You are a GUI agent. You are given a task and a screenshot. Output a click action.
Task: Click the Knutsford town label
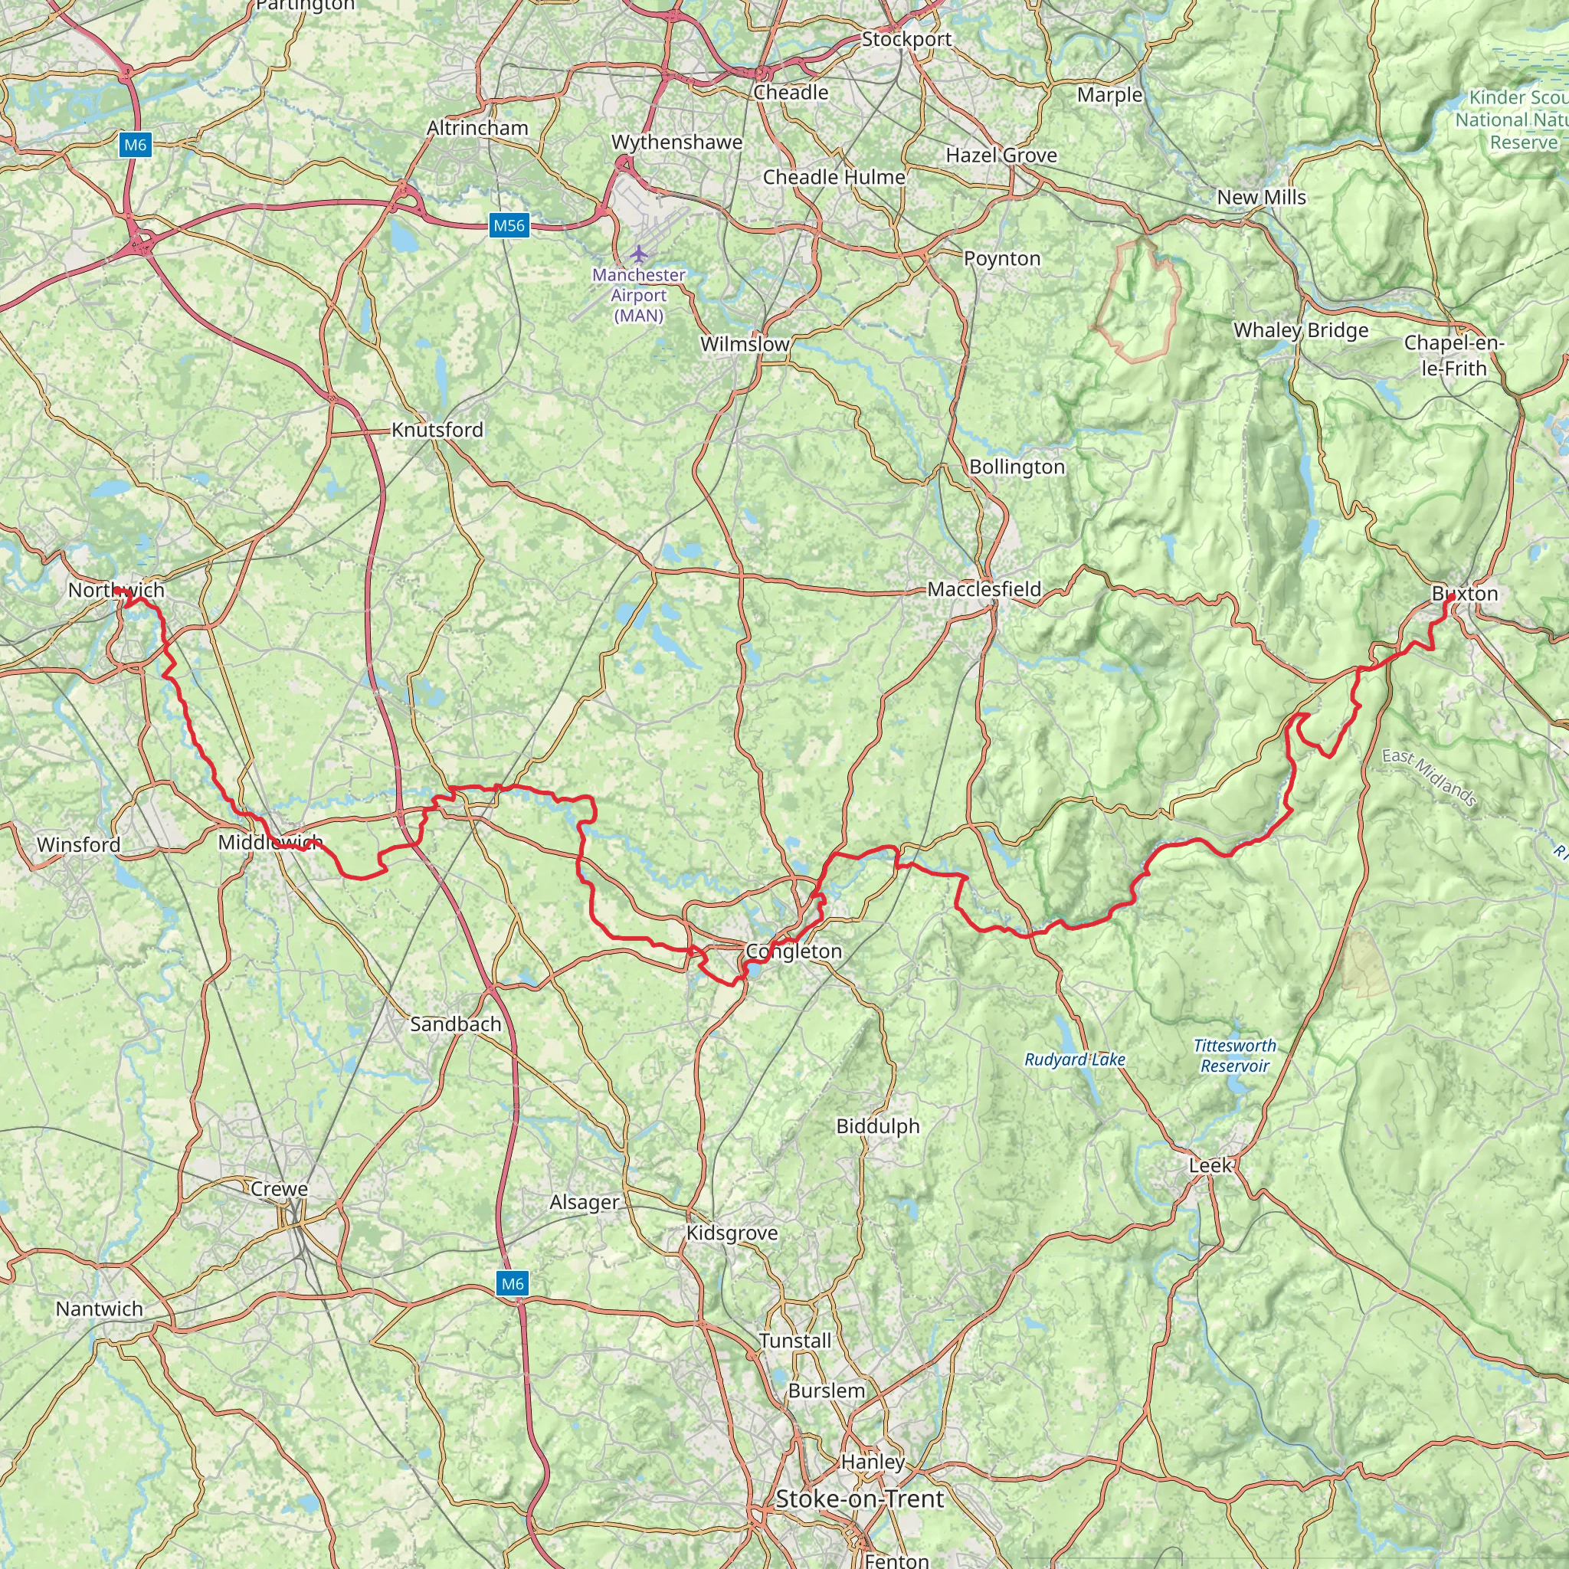pos(437,430)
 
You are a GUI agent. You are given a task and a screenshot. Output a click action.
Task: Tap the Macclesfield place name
pos(984,589)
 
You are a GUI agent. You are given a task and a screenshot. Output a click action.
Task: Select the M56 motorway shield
pos(509,226)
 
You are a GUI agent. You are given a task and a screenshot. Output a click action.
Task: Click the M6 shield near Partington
pos(135,146)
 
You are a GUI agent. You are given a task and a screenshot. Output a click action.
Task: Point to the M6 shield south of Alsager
pos(513,1284)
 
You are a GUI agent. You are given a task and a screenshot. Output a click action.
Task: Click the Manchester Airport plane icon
pos(639,254)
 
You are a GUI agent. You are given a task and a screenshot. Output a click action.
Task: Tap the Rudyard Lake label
pos(1074,1060)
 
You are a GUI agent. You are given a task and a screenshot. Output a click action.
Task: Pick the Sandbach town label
pos(456,1024)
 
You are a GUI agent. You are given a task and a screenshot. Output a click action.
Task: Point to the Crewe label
pos(280,1189)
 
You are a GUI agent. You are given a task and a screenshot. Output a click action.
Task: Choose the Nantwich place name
pos(99,1309)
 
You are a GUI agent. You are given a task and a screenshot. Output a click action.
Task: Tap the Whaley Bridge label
pos(1301,330)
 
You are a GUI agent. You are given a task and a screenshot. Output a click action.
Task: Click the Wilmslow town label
pos(745,344)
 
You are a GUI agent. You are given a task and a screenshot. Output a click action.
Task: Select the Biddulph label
pos(878,1126)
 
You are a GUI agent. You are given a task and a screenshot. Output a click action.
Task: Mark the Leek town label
pos(1210,1165)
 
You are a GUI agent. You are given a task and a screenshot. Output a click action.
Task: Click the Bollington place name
pos(1017,467)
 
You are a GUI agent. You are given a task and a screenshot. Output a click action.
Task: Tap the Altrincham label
pos(477,128)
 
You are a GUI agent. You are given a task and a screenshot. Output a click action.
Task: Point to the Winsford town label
pos(79,844)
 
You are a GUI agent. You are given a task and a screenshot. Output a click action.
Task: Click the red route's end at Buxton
pos(1450,598)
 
